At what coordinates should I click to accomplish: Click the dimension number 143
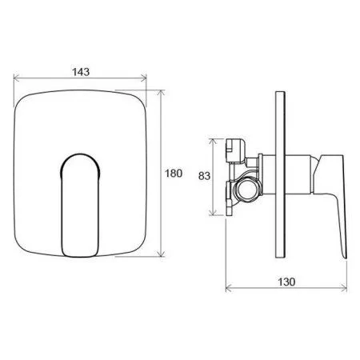coord(79,71)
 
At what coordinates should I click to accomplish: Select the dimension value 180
coord(175,173)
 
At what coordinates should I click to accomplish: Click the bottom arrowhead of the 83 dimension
coord(214,214)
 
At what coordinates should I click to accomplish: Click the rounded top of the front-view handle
coord(80,154)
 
